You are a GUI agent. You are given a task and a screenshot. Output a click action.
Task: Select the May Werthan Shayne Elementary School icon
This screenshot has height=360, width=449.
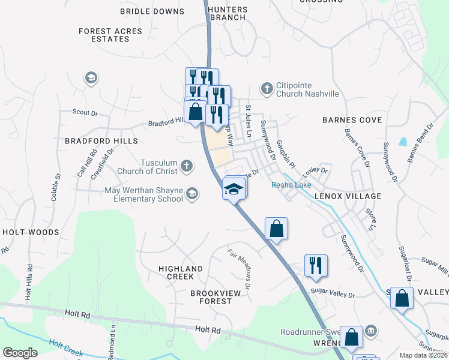coord(192,193)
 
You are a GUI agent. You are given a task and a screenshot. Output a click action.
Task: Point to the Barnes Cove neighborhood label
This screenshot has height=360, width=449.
coord(352,120)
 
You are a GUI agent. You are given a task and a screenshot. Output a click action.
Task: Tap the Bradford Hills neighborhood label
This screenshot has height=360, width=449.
coord(101,141)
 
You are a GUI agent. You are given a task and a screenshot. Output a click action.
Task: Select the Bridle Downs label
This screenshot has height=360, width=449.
coord(152,11)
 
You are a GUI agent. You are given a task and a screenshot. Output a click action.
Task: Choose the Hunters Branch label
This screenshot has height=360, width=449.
coord(226,13)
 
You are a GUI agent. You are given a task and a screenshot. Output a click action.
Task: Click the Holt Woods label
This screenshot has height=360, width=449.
coord(31,232)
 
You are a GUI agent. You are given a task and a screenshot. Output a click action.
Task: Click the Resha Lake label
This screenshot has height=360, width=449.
coord(291,185)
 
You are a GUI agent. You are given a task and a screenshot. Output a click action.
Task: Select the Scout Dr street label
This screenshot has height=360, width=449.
coord(85,112)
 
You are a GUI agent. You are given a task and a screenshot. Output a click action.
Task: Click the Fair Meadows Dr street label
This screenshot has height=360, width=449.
coord(240,265)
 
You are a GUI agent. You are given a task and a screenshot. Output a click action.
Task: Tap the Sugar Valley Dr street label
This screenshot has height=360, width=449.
coord(333,295)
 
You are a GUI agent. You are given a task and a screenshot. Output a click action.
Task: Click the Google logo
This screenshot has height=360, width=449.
coord(20,353)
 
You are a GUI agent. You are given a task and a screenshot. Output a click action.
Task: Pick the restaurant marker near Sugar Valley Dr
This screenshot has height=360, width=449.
coord(316,265)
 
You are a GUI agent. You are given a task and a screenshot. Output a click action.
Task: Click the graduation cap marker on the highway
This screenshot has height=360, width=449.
coord(234,190)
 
